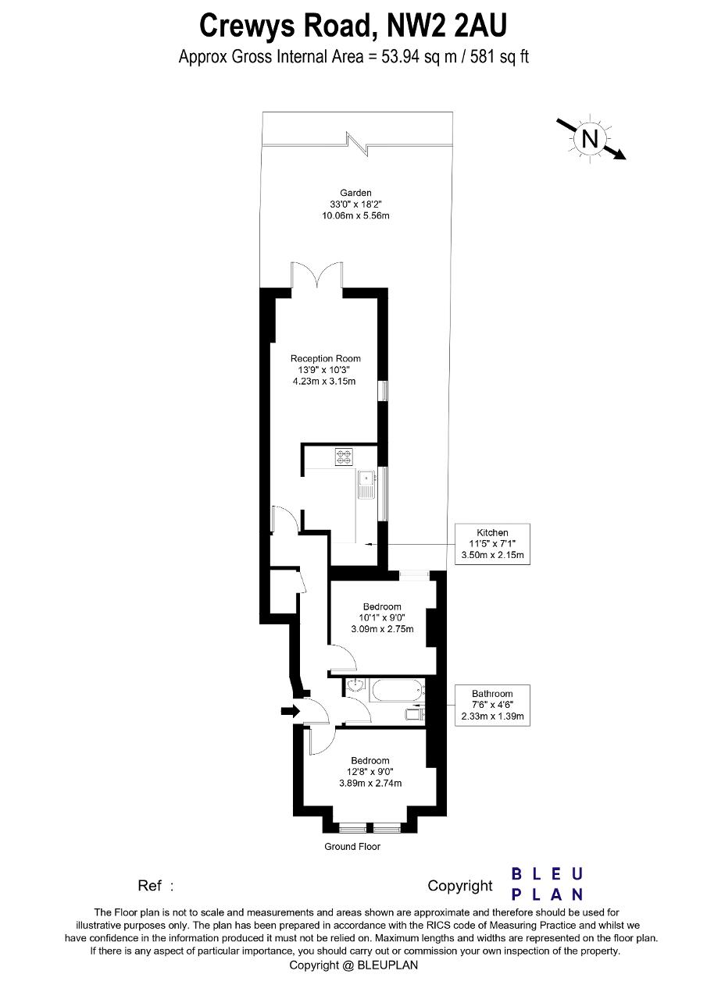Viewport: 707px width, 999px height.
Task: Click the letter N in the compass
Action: [x=590, y=139]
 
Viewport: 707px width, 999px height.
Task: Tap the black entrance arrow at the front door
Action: [x=290, y=711]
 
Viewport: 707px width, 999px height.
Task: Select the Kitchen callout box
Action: [x=492, y=544]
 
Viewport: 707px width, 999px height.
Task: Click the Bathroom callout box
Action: [x=492, y=705]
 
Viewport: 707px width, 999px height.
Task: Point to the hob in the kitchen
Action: [x=344, y=457]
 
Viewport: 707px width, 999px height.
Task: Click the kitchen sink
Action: [x=366, y=485]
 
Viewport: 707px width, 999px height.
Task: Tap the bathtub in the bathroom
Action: [x=397, y=691]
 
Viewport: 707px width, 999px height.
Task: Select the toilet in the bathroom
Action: [x=415, y=715]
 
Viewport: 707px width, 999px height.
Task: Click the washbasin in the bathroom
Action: [x=356, y=685]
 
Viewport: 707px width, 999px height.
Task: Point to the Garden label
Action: [x=355, y=193]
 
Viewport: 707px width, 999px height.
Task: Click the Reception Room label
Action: [x=326, y=358]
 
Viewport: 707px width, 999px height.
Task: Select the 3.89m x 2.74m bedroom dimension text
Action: [x=370, y=783]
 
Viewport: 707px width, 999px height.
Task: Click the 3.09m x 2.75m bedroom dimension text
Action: [x=382, y=629]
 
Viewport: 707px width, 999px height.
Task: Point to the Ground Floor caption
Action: [x=352, y=847]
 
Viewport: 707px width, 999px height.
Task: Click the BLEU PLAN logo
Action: [x=547, y=884]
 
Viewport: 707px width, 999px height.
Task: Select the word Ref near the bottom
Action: [x=149, y=885]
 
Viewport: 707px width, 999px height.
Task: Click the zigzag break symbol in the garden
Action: [x=357, y=144]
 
